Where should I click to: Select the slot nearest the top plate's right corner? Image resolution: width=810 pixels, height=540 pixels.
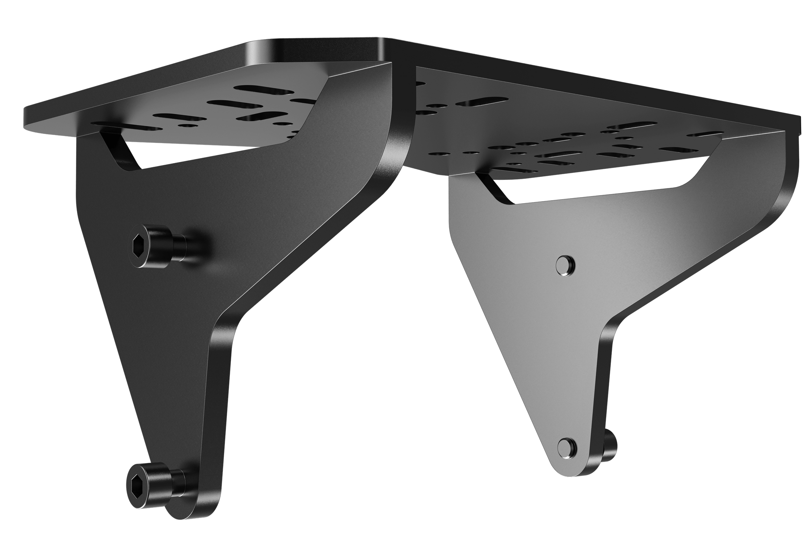pos(706,134)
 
